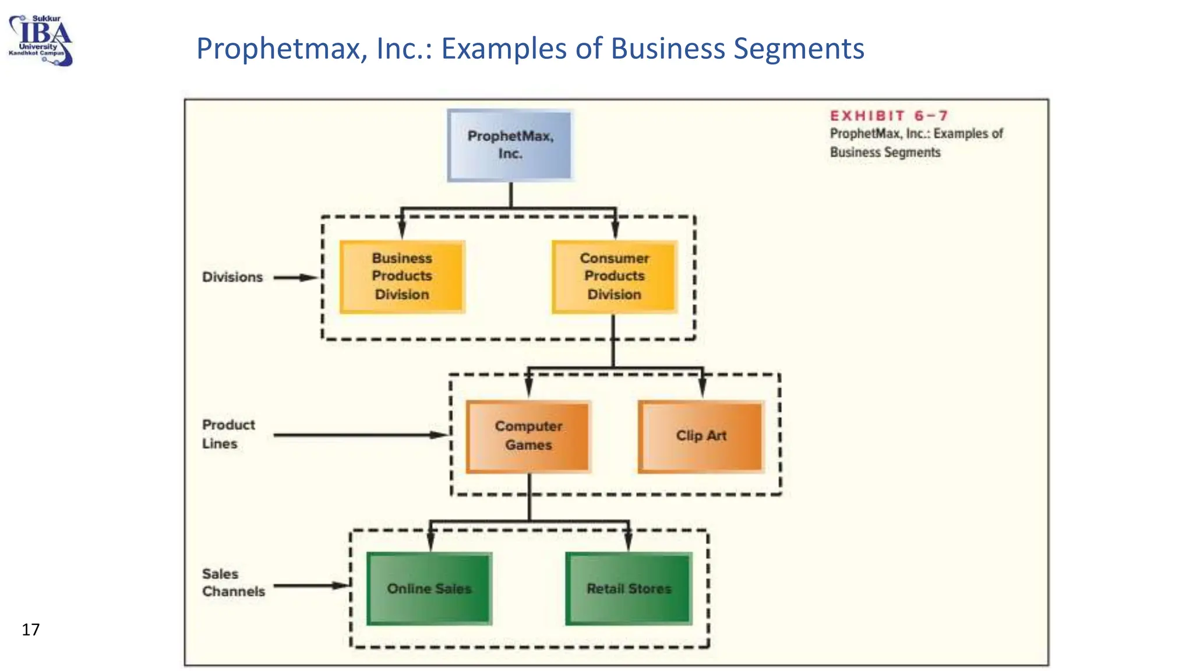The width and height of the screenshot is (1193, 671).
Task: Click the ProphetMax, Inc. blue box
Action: click(x=510, y=145)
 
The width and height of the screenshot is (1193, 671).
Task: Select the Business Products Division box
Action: click(x=402, y=277)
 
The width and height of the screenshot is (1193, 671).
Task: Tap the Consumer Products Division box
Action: click(x=614, y=277)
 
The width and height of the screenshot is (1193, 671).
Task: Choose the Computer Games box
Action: click(x=528, y=436)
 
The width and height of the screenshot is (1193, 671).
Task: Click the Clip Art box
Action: click(x=701, y=436)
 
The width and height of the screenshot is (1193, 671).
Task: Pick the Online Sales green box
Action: click(x=429, y=588)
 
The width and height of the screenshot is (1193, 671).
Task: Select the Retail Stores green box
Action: click(x=629, y=588)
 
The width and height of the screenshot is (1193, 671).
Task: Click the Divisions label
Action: click(x=232, y=277)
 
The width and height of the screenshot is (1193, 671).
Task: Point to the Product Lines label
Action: click(x=228, y=434)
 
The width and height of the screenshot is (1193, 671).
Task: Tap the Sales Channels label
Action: click(x=233, y=582)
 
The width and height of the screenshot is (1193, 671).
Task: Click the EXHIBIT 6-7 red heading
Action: click(x=889, y=116)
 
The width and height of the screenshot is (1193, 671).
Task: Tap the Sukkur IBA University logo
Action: click(x=41, y=41)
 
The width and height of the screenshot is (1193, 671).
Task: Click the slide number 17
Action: click(x=30, y=630)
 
